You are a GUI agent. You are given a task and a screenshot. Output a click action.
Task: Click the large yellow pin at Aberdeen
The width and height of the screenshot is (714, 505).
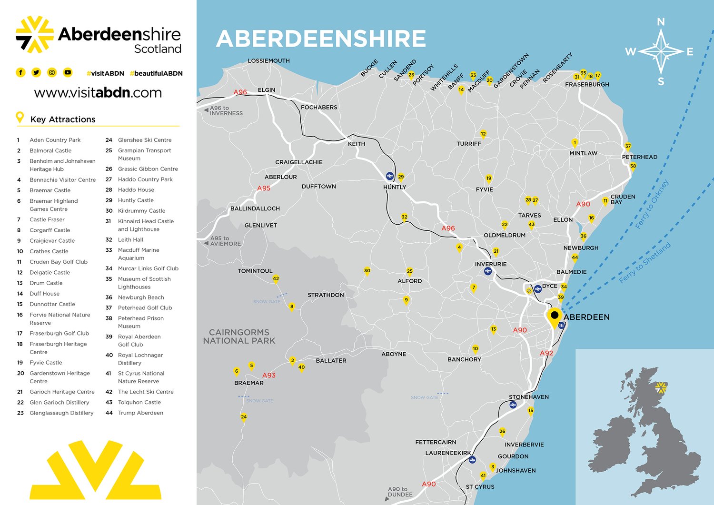click(x=554, y=317)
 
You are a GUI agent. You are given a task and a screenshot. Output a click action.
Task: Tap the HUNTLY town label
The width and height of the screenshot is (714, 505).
click(x=395, y=187)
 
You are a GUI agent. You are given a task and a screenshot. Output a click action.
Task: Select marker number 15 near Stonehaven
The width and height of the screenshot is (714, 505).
click(x=531, y=411)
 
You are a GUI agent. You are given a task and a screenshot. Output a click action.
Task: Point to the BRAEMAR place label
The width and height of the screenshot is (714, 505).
click(x=248, y=383)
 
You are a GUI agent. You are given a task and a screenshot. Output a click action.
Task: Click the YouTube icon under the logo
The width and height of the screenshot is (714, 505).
click(x=68, y=72)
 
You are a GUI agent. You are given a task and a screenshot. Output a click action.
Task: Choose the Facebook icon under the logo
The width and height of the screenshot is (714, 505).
click(x=20, y=72)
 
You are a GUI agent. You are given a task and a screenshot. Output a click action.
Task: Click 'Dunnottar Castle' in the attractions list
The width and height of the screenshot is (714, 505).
click(x=52, y=304)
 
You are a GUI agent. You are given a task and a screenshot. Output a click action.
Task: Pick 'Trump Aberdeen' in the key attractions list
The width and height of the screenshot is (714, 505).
click(x=140, y=413)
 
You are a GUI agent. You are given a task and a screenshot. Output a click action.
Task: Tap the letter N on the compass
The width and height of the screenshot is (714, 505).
click(x=661, y=22)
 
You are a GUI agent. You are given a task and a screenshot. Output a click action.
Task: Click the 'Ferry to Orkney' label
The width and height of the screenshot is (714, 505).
click(x=652, y=204)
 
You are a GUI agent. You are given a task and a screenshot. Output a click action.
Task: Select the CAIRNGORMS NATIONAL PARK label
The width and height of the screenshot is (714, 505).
click(x=239, y=337)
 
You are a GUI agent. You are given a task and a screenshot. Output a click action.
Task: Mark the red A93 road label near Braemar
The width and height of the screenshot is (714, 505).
click(x=269, y=375)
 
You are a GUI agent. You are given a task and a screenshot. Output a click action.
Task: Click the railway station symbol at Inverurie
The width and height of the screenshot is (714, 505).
click(x=488, y=271)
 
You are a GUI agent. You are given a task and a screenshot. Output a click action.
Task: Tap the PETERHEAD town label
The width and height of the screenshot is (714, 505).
click(x=639, y=157)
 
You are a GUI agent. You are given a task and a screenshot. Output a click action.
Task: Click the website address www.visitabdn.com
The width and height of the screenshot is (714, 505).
click(x=98, y=92)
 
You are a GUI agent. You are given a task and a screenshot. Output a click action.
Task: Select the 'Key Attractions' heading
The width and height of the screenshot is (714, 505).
click(x=63, y=119)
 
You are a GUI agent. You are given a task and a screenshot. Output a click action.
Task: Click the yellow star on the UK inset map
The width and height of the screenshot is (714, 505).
click(x=661, y=387)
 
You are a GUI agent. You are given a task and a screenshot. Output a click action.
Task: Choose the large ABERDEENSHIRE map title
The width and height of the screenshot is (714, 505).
click(x=321, y=39)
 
